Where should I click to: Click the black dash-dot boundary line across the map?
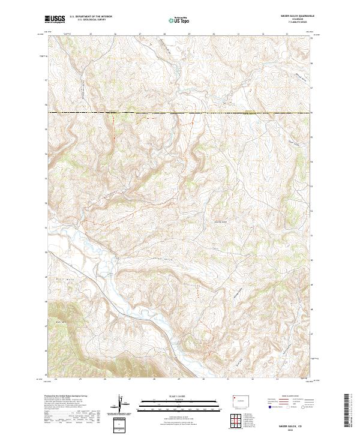coord(180,112)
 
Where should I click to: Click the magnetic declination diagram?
coord(122,404)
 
